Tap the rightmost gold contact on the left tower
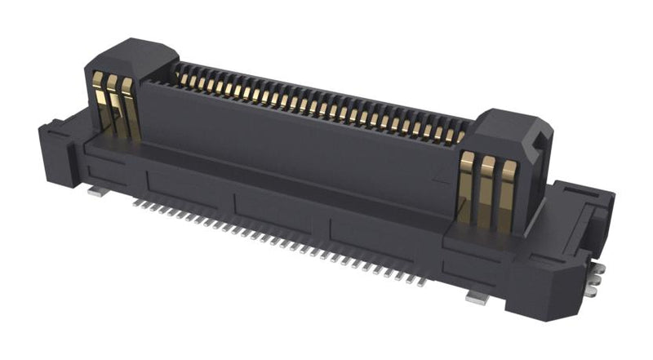tap(126, 109)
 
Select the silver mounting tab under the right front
tap(472, 300)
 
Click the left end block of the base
tap(53, 143)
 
